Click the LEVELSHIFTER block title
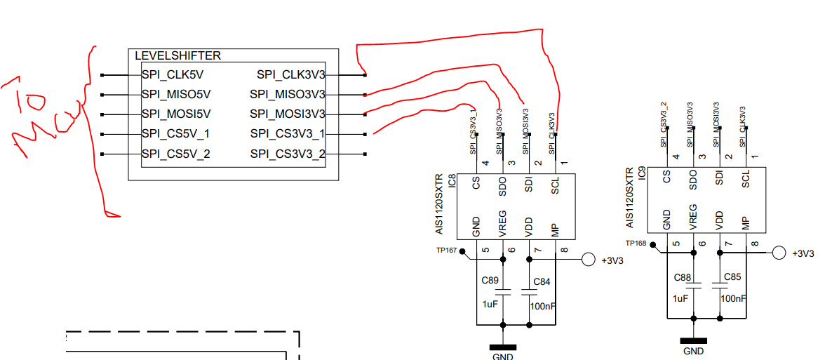[177, 56]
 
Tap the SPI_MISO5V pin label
[175, 94]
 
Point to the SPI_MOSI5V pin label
[175, 114]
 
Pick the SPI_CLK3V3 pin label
[290, 74]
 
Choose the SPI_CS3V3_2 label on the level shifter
[288, 154]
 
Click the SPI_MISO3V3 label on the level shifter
[288, 94]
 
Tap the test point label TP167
[446, 251]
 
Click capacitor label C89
[490, 281]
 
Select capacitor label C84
[542, 282]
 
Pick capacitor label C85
[732, 277]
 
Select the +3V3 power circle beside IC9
[778, 253]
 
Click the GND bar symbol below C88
[693, 341]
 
